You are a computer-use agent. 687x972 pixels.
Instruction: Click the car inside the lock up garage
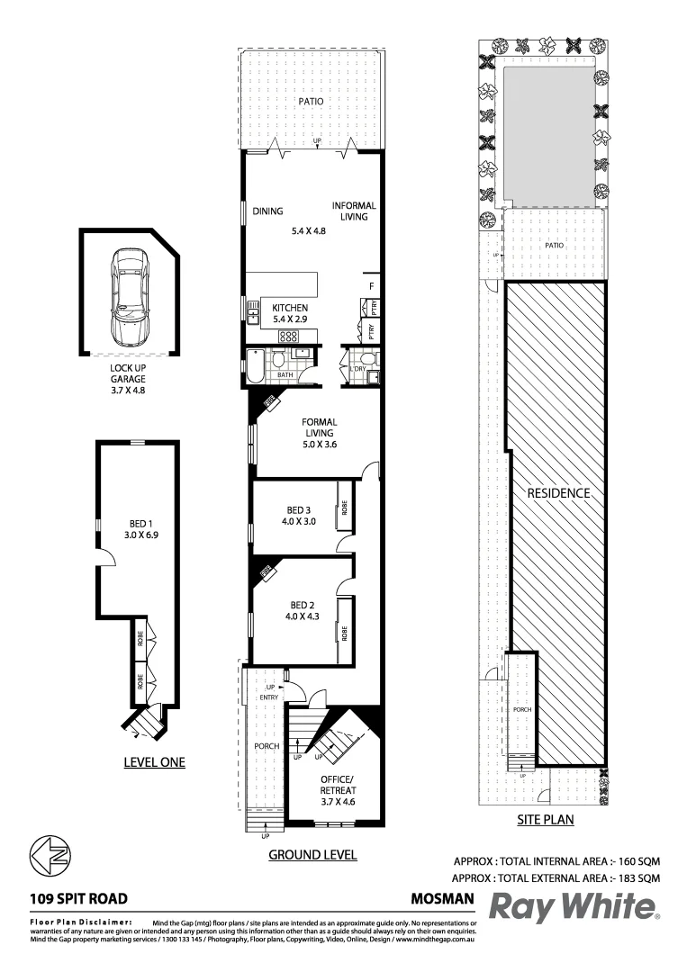pos(128,297)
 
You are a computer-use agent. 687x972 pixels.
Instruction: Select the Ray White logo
pos(574,907)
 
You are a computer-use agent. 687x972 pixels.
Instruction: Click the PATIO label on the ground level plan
pos(312,103)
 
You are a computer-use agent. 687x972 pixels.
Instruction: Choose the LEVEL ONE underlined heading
pos(153,762)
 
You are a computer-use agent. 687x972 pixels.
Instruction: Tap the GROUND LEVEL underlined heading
pos(312,855)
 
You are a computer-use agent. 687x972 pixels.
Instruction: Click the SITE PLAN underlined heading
pos(545,820)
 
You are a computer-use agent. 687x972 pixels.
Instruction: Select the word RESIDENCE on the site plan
pos(558,493)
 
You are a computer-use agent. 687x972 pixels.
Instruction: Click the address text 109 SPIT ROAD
pos(78,897)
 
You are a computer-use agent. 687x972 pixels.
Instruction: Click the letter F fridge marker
pos(370,287)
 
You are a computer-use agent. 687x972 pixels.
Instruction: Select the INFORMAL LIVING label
pos(353,211)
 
